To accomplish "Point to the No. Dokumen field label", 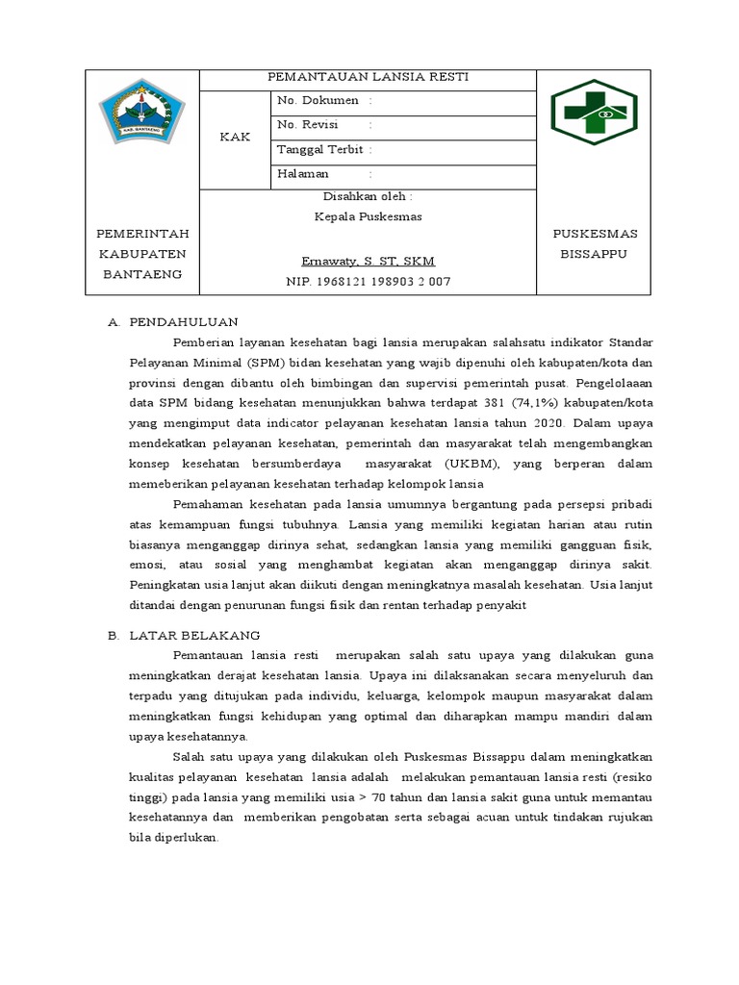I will (x=318, y=100).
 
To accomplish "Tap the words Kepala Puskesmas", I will (x=368, y=216).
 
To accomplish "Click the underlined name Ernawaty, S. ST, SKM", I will (x=368, y=262).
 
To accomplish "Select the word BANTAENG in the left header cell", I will (x=141, y=274).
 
